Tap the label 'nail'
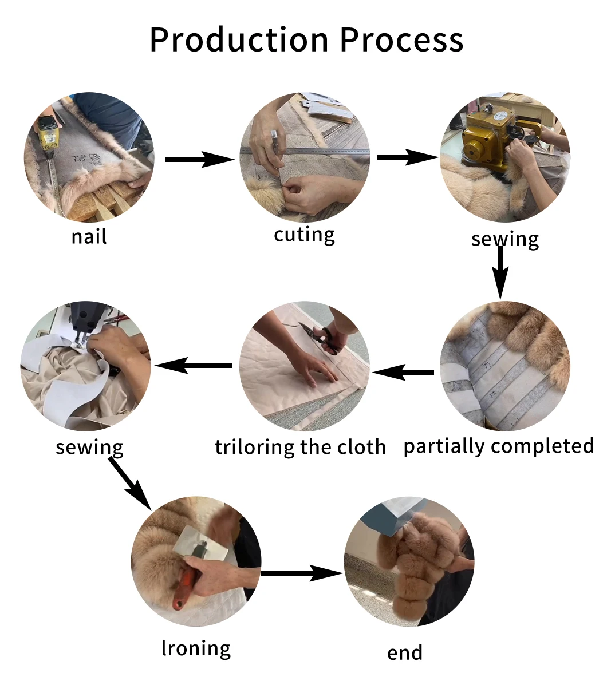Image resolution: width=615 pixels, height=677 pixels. click(89, 236)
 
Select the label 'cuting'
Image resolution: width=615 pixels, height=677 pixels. click(304, 235)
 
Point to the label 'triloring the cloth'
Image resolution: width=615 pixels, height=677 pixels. click(300, 447)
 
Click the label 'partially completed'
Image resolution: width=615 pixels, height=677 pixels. click(498, 446)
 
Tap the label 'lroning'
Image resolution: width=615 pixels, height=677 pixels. click(196, 648)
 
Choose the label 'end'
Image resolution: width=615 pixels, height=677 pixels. click(405, 652)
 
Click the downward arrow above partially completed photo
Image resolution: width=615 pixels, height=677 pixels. click(500, 272)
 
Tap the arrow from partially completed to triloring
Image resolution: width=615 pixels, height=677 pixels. click(404, 373)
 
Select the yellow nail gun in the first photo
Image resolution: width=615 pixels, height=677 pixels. click(48, 135)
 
